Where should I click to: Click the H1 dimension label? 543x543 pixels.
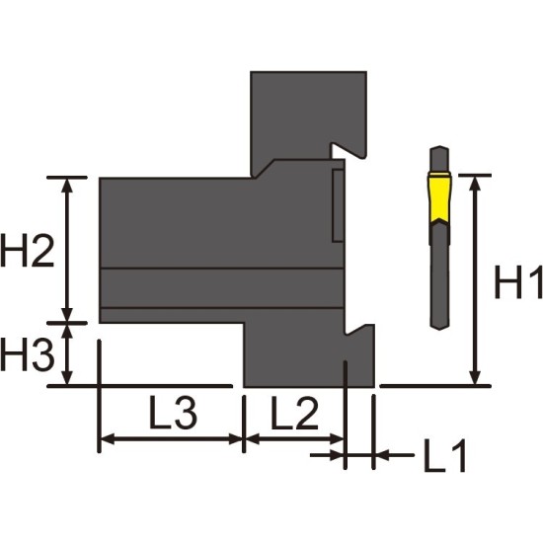tap(518, 281)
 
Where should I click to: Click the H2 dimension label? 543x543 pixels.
tap(28, 251)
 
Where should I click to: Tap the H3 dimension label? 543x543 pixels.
tap(28, 354)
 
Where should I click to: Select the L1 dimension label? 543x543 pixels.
tap(445, 455)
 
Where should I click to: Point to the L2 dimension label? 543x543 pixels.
tap(294, 413)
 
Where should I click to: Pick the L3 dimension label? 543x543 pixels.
tap(173, 413)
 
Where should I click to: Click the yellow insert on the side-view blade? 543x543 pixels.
tap(439, 198)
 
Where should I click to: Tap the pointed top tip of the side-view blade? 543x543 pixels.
tap(439, 146)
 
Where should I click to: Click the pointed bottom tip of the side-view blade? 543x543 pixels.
tap(439, 330)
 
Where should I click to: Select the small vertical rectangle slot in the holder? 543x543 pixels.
tap(338, 205)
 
